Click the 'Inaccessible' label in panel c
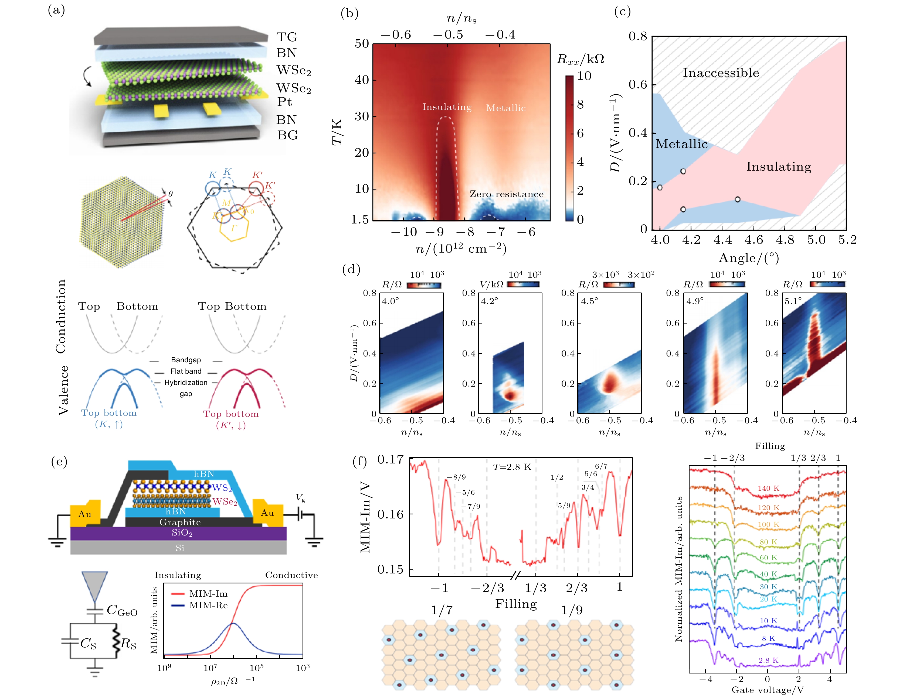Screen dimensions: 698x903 click(x=721, y=73)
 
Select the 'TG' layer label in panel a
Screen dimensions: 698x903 click(x=287, y=37)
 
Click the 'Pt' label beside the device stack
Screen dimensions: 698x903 click(x=284, y=102)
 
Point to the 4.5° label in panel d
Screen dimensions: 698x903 click(x=590, y=301)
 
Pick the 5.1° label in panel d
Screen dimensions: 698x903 click(x=793, y=301)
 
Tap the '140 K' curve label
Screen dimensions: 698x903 click(x=768, y=488)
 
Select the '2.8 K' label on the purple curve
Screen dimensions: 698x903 click(x=768, y=660)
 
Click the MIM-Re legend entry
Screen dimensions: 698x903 click(x=208, y=606)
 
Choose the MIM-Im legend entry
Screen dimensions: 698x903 click(x=208, y=594)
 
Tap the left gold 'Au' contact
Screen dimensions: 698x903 click(x=85, y=514)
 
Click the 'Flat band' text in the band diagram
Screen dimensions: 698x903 click(x=186, y=371)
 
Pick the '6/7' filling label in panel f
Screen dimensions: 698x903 click(x=601, y=466)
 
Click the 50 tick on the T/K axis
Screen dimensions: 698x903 click(x=362, y=43)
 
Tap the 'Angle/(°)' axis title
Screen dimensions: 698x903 click(x=749, y=258)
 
